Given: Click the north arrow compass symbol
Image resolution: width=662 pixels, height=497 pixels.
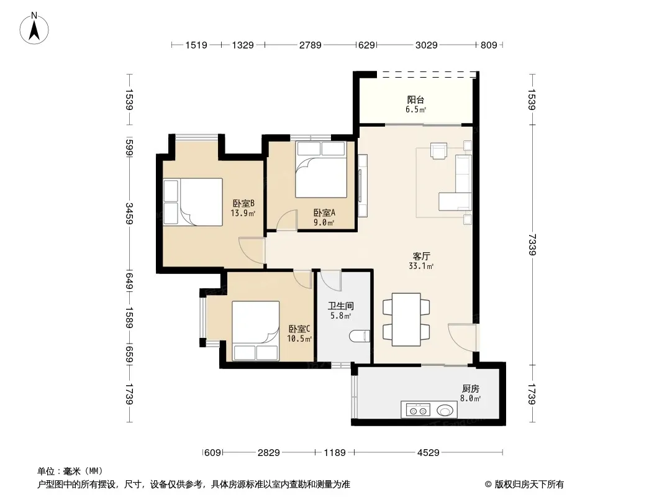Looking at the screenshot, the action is click(34, 29).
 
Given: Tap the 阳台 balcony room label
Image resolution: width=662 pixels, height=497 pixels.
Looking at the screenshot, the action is click(415, 99).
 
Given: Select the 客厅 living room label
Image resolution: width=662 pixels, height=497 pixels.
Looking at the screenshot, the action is click(421, 257).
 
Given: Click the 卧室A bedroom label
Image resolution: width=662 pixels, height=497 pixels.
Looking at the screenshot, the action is click(324, 213).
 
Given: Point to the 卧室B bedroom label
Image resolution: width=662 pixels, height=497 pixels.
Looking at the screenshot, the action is click(243, 204).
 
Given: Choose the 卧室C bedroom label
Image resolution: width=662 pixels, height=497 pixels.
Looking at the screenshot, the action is click(299, 329).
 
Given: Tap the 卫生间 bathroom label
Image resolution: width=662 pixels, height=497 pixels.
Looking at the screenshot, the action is click(341, 306).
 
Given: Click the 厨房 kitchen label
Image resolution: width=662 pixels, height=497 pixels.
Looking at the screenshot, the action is click(470, 388).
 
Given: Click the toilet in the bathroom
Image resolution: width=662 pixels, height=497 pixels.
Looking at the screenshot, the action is click(360, 336).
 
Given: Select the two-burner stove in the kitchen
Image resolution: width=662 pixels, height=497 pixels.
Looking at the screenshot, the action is click(419, 410).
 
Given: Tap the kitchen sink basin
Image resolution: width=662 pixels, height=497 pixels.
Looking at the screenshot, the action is click(445, 409).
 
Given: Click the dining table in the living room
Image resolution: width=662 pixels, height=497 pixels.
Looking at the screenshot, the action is click(406, 320).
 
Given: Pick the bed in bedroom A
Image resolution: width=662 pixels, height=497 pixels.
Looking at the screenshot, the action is click(321, 170).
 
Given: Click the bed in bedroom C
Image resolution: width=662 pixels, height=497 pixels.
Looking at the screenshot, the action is click(255, 331).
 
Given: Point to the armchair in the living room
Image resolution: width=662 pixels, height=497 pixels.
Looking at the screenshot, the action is click(438, 151).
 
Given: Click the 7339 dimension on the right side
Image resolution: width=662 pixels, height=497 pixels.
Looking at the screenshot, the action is click(532, 245).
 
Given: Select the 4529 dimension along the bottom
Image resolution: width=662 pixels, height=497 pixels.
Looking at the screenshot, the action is click(428, 453).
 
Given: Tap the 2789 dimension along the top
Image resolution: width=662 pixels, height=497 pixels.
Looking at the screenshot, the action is click(311, 45).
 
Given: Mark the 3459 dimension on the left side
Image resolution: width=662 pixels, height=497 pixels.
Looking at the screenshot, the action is click(130, 214).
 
